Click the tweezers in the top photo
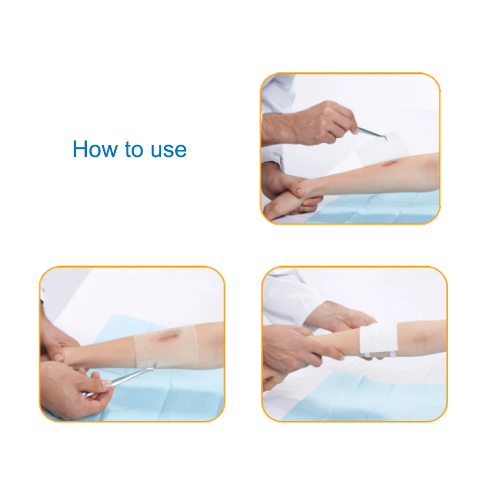point(371,132)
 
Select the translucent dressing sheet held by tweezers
point(384,146)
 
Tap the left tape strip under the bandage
point(367,355)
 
